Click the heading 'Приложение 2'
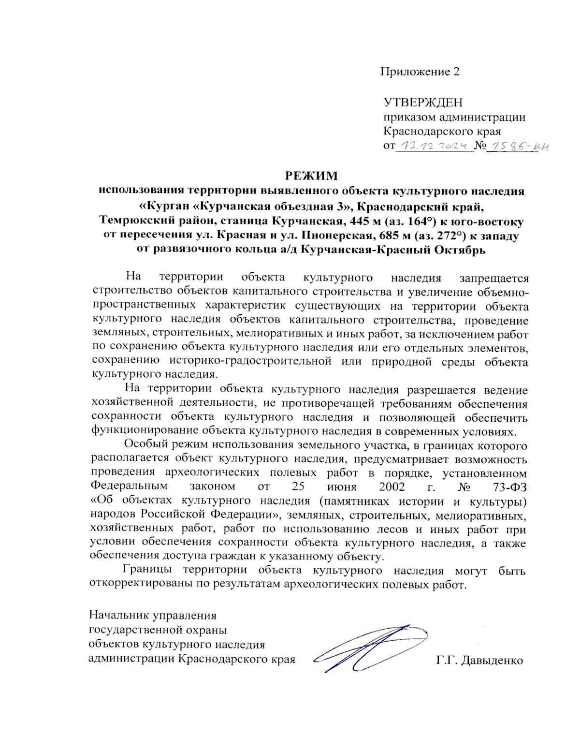click(419, 72)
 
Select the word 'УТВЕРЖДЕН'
click(422, 103)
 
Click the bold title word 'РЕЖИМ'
click(311, 176)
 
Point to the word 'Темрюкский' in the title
click(130, 221)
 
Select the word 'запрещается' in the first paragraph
click(493, 278)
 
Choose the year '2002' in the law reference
click(391, 486)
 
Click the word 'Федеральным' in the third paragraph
click(129, 486)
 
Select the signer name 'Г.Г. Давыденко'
click(479, 660)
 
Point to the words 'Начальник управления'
click(153, 616)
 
